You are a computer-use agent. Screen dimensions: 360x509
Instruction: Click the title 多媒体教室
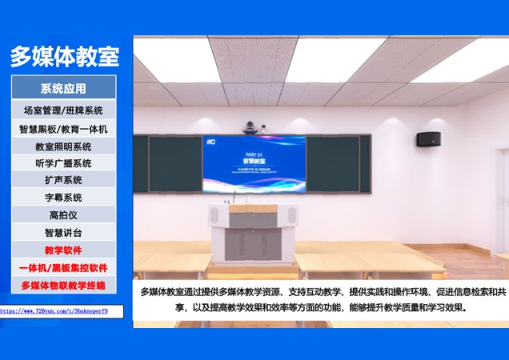tap(64, 57)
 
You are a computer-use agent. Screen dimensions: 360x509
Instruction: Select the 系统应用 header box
tap(63, 88)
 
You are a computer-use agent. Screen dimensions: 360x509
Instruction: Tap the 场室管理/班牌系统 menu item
tap(63, 110)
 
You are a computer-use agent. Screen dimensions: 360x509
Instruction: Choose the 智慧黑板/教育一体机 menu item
tap(63, 129)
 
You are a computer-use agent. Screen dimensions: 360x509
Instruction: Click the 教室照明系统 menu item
tap(63, 146)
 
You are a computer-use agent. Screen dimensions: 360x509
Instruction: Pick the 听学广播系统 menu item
tap(63, 163)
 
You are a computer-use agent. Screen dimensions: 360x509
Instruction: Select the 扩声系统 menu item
tap(63, 180)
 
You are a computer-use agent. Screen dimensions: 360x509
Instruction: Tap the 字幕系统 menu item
tap(63, 198)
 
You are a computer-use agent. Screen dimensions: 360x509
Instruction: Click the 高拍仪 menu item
tap(63, 215)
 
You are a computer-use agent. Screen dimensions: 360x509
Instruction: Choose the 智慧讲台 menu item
tap(63, 233)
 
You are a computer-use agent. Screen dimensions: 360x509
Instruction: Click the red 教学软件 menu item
tap(63, 250)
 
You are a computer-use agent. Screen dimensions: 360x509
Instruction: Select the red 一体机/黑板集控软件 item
tap(63, 268)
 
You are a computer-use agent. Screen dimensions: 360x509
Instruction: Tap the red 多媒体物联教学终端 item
tap(63, 286)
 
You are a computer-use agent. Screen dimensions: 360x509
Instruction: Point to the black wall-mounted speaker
tap(431, 139)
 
